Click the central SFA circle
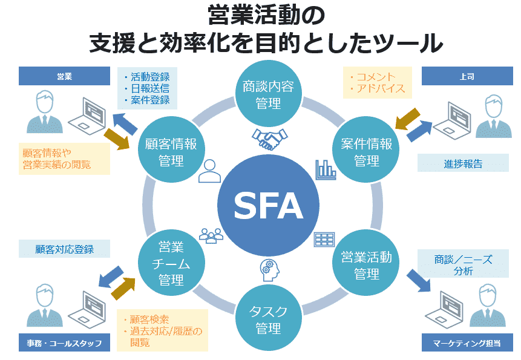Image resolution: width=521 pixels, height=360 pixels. pyautogui.click(x=268, y=206)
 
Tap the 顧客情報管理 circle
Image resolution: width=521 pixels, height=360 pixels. pyautogui.click(x=172, y=152)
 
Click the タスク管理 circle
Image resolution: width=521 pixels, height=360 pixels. pyautogui.click(x=268, y=319)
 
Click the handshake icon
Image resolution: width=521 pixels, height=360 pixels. pyautogui.click(x=269, y=140)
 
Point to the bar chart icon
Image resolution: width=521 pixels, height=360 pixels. pyautogui.click(x=325, y=169)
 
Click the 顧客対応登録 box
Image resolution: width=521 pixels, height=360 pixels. pyautogui.click(x=64, y=249)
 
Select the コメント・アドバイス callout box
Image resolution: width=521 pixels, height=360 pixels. pyautogui.click(x=378, y=83)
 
